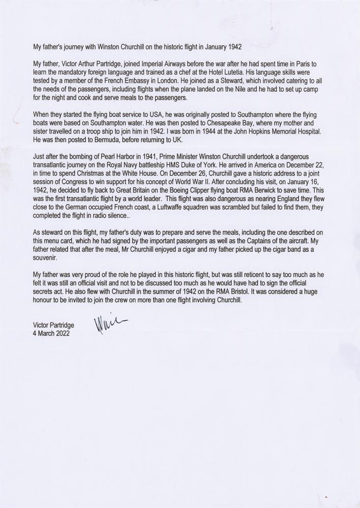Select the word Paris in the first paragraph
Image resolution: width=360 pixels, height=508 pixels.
pos(305,64)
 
